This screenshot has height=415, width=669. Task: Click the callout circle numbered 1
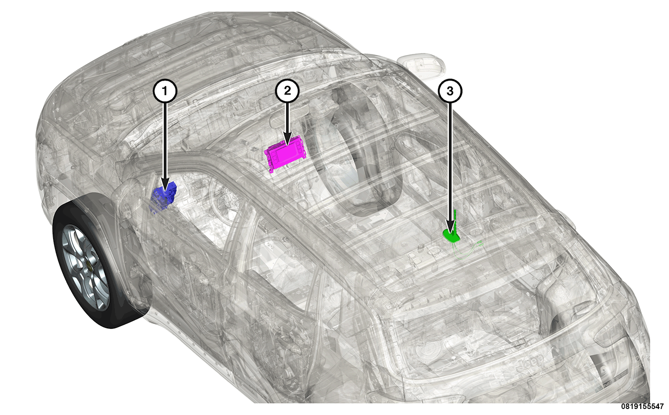click(165, 91)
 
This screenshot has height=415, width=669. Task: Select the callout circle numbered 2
click(287, 91)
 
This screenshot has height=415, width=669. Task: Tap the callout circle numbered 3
click(450, 91)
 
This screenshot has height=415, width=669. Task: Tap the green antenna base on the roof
click(451, 236)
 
